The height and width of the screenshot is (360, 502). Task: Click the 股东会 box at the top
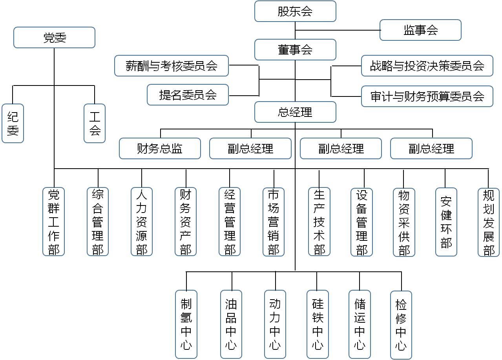[295, 11]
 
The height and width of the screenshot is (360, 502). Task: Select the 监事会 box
[420, 30]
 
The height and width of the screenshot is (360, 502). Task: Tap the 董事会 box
[295, 50]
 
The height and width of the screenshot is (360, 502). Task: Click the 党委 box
[54, 38]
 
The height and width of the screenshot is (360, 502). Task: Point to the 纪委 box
[13, 123]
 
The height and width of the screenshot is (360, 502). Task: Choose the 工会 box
[95, 123]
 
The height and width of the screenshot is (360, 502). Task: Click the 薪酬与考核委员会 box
[172, 66]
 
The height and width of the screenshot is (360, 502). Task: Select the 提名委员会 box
[188, 95]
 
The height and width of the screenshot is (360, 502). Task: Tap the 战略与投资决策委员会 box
[427, 66]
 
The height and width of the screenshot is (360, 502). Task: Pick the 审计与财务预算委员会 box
[427, 96]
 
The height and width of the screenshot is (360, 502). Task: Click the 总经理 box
[295, 112]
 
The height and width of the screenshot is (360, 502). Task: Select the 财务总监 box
[160, 149]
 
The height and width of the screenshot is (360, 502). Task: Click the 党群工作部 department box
[54, 222]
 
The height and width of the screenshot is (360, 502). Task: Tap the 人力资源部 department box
[142, 222]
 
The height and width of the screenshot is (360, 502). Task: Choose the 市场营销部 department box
[274, 222]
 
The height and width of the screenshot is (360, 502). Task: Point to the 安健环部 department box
[446, 222]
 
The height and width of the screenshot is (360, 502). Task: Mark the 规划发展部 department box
[488, 222]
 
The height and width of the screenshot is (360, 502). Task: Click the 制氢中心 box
[186, 324]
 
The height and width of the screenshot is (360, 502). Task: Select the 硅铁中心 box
[318, 324]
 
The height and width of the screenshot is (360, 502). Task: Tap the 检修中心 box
[401, 325]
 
